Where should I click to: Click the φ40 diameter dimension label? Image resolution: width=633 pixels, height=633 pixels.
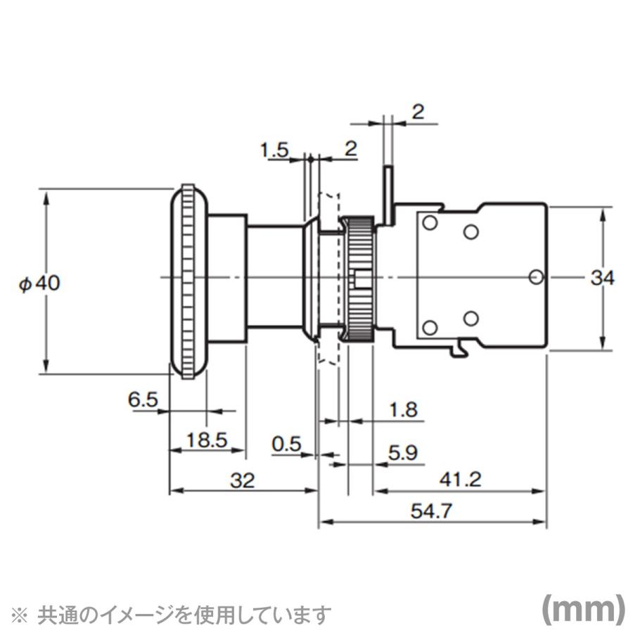pyautogui.click(x=40, y=283)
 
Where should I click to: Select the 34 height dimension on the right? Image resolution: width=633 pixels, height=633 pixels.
pyautogui.click(x=602, y=279)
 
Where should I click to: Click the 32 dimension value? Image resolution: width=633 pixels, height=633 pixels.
pyautogui.click(x=242, y=480)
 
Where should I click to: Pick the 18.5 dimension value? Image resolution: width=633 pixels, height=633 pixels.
pyautogui.click(x=207, y=440)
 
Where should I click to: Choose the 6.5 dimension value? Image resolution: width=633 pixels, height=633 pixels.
pyautogui.click(x=143, y=400)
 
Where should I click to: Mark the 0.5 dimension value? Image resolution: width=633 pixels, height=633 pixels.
pyautogui.click(x=286, y=444)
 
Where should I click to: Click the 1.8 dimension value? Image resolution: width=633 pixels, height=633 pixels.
pyautogui.click(x=403, y=409)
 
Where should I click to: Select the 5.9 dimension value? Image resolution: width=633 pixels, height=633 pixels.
pyautogui.click(x=403, y=454)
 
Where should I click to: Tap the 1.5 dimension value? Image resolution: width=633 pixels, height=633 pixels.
pyautogui.click(x=274, y=149)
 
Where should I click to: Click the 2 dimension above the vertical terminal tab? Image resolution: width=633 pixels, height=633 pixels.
pyautogui.click(x=418, y=112)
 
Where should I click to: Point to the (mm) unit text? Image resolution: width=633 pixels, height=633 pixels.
pyautogui.click(x=582, y=609)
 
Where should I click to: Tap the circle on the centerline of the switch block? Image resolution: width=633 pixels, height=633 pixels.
pyautogui.click(x=536, y=277)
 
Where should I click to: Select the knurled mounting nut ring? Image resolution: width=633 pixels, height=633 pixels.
pyautogui.click(x=359, y=279)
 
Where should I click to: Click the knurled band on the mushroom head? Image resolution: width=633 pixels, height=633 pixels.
pyautogui.click(x=188, y=281)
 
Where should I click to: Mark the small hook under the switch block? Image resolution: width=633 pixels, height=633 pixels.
pyautogui.click(x=462, y=347)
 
